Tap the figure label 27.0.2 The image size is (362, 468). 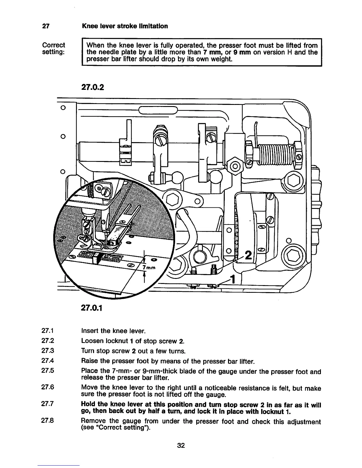(92, 88)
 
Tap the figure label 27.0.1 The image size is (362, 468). (92, 308)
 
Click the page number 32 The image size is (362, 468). (181, 446)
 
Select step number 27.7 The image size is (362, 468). (48, 404)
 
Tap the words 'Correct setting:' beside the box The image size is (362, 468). (54, 48)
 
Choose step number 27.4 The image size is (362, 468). (48, 361)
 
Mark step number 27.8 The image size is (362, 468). (48, 421)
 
